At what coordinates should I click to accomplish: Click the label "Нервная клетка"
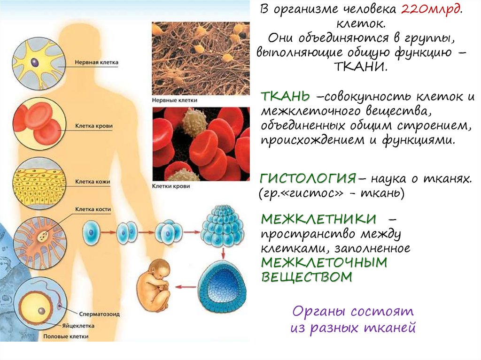[x=97, y=62]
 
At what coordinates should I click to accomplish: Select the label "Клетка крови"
[x=94, y=126]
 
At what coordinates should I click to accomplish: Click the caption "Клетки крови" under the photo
[x=171, y=186]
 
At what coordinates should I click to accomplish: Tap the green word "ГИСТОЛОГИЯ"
[x=308, y=179]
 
